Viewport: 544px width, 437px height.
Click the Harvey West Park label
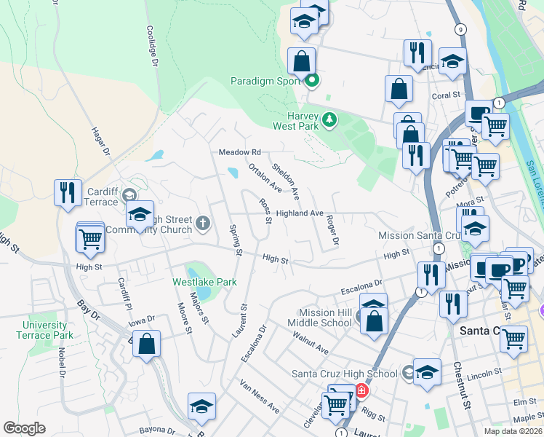coord(296,120)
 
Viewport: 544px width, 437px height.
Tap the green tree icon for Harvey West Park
coord(329,119)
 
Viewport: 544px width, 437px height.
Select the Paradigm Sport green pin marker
coord(312,81)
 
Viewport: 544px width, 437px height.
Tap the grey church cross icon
coord(203,223)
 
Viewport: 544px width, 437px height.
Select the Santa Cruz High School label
coord(345,374)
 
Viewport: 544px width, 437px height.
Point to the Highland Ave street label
coord(300,213)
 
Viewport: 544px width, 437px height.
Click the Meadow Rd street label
coord(240,152)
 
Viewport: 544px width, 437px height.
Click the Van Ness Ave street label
coord(259,396)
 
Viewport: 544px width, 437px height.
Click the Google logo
coord(24,428)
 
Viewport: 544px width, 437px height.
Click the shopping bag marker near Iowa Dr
coord(146,344)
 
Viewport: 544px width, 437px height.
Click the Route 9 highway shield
coord(460,28)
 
